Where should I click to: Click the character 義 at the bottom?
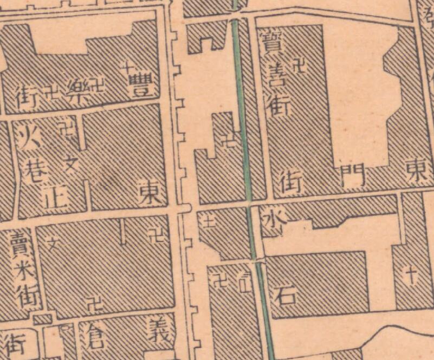tap(160, 330)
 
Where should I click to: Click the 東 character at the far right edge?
tap(418, 173)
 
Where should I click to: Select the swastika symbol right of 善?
tap(298, 67)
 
